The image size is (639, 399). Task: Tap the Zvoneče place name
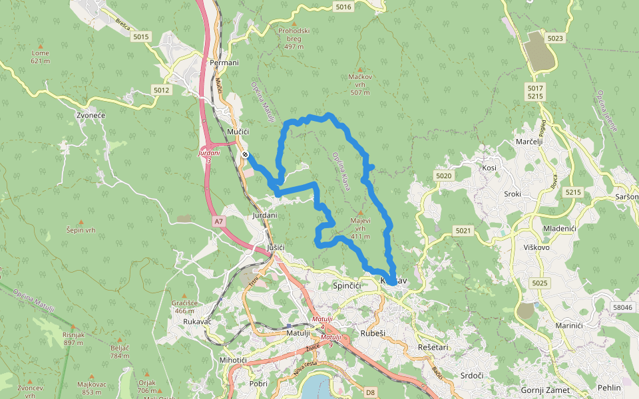92,115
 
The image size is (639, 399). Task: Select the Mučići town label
238,132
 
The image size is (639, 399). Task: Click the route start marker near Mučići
246,155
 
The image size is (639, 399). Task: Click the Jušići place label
276,247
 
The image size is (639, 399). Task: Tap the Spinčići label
346,285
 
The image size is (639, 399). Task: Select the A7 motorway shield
219,221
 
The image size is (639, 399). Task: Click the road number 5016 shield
343,7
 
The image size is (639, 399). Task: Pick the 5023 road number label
556,39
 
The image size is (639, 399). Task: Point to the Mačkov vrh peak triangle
360,69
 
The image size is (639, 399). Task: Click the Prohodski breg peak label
294,39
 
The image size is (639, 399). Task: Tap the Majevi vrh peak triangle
360,213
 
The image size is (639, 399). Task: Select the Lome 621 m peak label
40,57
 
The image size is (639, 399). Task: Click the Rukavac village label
197,322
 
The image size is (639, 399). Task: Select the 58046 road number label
622,307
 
